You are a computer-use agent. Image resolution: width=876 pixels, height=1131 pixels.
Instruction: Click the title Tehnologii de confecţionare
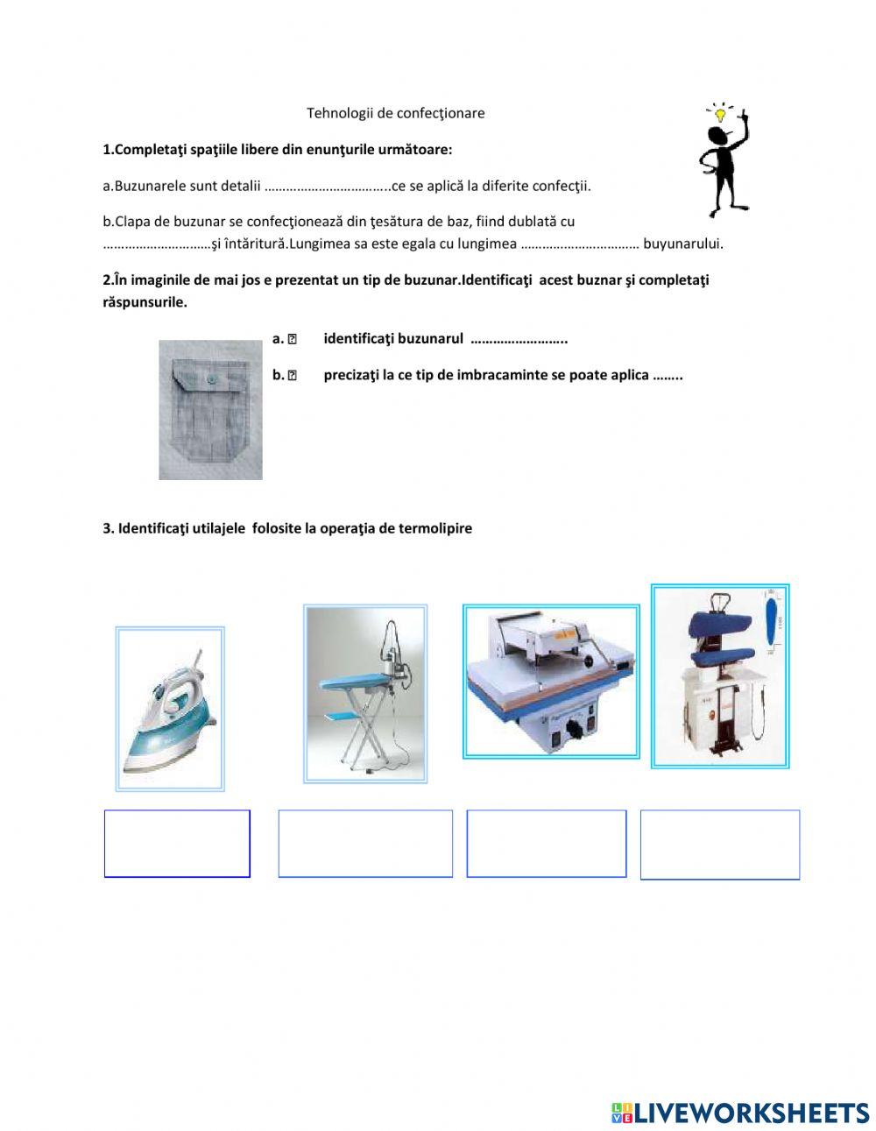395,113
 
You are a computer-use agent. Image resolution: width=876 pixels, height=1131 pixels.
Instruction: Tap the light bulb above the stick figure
721,113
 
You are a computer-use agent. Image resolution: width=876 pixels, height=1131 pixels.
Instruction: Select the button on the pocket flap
210,379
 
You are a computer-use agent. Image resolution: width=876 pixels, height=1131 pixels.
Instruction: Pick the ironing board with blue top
364,693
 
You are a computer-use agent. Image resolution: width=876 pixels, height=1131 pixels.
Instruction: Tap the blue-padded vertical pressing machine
719,676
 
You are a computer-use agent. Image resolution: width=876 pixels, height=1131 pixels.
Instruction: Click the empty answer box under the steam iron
177,843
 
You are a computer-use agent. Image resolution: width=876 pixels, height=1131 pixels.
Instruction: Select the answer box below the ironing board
365,843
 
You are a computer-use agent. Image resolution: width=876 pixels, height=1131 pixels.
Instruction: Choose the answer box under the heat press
547,843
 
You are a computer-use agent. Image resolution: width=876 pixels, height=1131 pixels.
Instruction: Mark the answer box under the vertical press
719,844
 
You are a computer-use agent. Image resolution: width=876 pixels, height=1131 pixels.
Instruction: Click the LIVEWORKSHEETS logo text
751,1113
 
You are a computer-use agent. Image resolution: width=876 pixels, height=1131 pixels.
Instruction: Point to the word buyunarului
682,244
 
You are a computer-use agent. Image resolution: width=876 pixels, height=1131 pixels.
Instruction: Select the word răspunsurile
145,302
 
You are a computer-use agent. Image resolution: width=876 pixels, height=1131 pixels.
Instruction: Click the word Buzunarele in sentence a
150,186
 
